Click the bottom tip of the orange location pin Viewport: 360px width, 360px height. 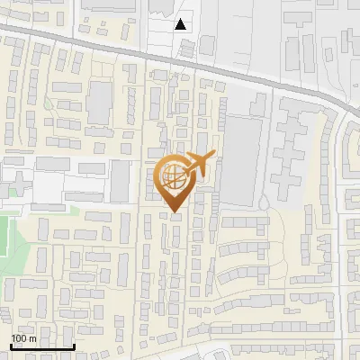[173, 212]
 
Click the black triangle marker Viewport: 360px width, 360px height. [181, 24]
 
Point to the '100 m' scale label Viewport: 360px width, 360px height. [24, 338]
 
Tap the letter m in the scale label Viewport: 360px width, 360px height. [33, 338]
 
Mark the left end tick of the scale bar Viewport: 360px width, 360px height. [11, 345]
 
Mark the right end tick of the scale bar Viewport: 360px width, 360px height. [74, 345]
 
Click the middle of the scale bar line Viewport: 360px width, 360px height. [42, 346]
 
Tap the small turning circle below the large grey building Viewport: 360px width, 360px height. [263, 206]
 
